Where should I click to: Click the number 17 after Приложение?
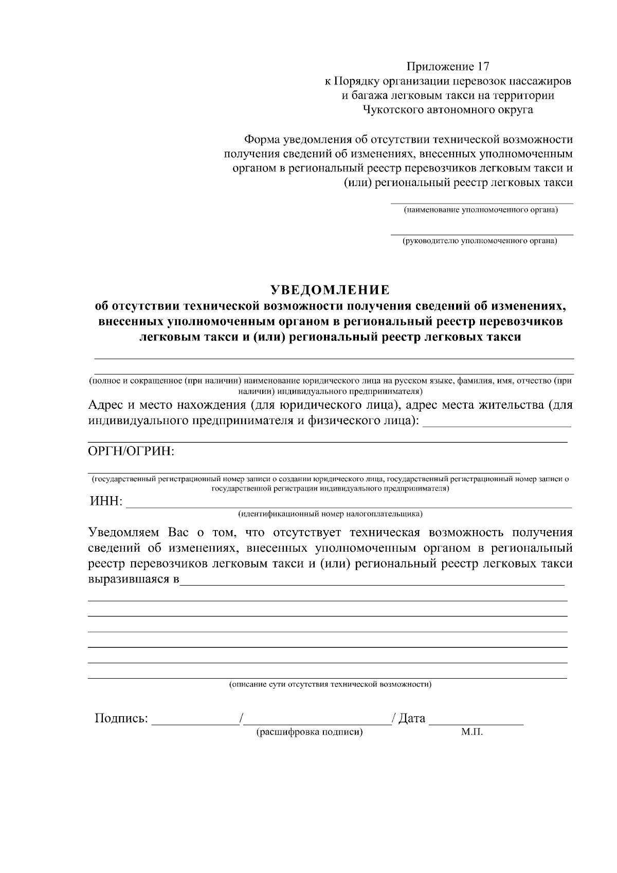pos(483,66)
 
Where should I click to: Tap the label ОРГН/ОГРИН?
pos(132,451)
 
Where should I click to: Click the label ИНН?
pos(106,501)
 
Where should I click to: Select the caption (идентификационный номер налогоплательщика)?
pos(330,514)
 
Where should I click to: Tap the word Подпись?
pos(121,718)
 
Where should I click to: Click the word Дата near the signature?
pos(412,718)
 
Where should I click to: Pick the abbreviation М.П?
pos(472,732)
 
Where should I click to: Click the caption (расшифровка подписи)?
pos(310,732)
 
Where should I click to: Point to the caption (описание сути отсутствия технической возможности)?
pos(330,684)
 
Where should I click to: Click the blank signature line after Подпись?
pos(195,721)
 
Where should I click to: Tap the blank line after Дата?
pos(476,721)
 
